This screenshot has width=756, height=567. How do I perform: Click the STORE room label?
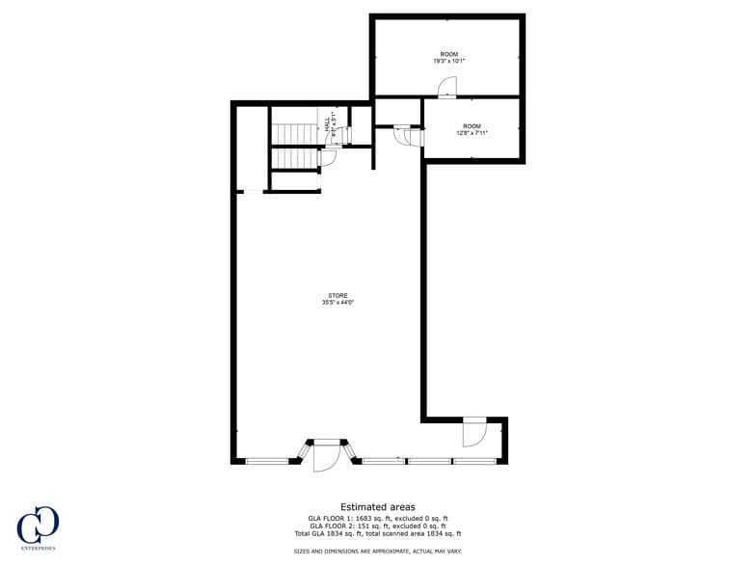coord(337,295)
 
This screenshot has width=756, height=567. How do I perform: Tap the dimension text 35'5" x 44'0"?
coord(337,303)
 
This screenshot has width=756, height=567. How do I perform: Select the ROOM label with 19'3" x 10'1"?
coord(448,54)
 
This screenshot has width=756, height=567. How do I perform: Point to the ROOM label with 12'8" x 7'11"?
coord(472,126)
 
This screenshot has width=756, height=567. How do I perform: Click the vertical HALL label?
coord(328,125)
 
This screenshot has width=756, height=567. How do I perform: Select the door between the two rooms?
coord(448,89)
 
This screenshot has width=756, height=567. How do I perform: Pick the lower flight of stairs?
coord(293,159)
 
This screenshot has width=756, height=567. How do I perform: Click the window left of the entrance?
coord(267,461)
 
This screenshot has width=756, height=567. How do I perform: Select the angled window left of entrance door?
coord(303,451)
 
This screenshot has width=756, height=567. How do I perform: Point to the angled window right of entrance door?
coord(350,451)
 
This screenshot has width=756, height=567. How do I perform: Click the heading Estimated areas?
coord(378,506)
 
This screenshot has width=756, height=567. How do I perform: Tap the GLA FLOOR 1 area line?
coord(378,518)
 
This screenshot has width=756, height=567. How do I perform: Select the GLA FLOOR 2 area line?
coord(378,526)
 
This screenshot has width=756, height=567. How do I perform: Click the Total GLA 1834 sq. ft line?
coord(378,533)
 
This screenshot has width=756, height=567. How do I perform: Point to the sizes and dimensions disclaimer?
coord(378,552)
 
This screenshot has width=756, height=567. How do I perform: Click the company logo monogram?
coord(38,524)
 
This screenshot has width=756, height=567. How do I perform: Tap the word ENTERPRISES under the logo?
coord(38,548)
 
